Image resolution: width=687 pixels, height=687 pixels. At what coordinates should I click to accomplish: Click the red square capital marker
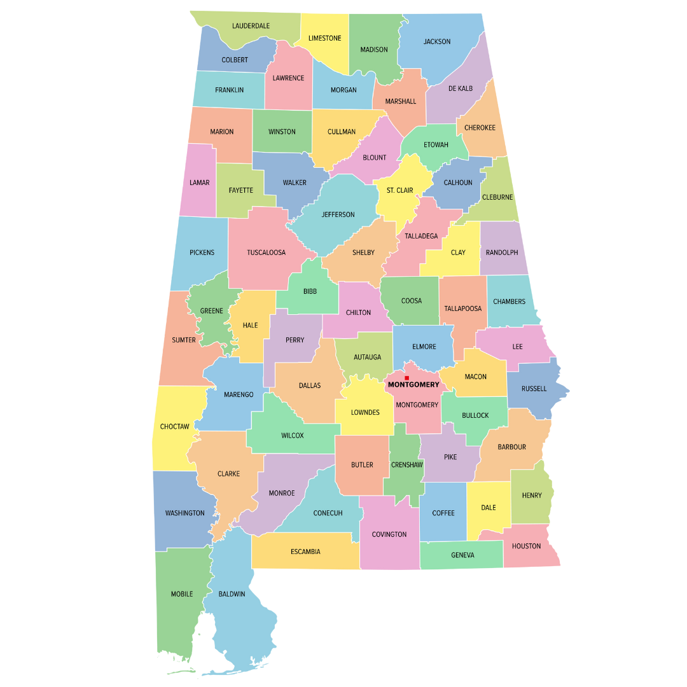(406, 378)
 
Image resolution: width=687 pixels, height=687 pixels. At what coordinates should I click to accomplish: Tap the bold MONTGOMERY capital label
(413, 385)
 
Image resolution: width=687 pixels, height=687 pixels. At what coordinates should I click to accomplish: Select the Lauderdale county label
(251, 26)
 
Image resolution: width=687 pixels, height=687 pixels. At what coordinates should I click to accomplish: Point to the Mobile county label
(182, 594)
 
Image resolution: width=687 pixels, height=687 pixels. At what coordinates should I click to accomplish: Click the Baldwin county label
(232, 594)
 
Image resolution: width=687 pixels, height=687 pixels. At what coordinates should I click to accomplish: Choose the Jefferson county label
(338, 214)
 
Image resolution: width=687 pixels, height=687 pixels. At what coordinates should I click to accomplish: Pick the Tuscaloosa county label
(266, 253)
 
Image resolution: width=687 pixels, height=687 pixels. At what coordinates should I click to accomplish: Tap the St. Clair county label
(400, 190)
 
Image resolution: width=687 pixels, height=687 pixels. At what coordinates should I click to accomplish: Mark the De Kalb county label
(461, 88)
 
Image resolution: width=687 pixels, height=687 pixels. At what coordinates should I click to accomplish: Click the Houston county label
(526, 546)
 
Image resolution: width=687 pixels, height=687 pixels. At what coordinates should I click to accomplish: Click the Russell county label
(534, 389)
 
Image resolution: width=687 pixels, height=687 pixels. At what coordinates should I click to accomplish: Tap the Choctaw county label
(174, 426)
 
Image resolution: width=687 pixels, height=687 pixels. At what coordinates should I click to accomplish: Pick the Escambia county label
(305, 552)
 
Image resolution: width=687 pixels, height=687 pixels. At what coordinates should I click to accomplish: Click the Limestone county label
(324, 38)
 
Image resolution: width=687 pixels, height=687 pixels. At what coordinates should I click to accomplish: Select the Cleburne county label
(497, 197)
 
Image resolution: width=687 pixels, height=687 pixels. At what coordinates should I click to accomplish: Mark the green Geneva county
(462, 555)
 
